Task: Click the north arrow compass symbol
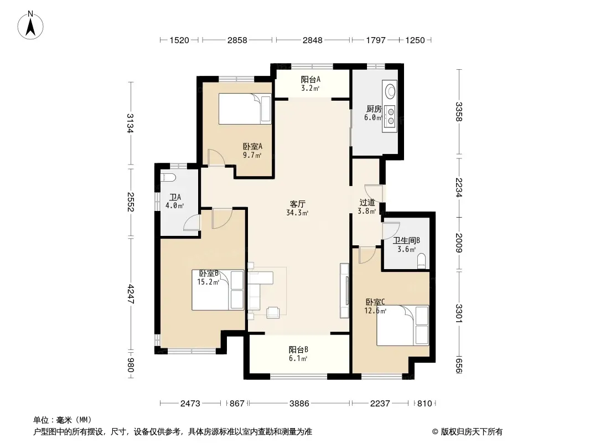click(x=30, y=25)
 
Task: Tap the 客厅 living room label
click(x=297, y=204)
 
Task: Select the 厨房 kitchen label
click(x=374, y=109)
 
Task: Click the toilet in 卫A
click(x=168, y=177)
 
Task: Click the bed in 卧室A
click(x=245, y=109)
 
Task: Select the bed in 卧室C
click(x=402, y=325)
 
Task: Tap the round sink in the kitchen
click(x=390, y=90)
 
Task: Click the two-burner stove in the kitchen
click(x=391, y=116)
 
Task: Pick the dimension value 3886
click(x=299, y=404)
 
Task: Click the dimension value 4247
click(x=131, y=293)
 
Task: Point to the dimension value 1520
click(x=179, y=40)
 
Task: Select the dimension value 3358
click(x=459, y=112)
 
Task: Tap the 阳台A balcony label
click(x=310, y=79)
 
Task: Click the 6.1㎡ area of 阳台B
click(x=298, y=358)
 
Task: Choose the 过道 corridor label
click(x=368, y=203)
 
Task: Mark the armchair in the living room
click(x=273, y=312)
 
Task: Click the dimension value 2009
click(x=459, y=243)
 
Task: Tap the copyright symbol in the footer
click(x=435, y=432)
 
